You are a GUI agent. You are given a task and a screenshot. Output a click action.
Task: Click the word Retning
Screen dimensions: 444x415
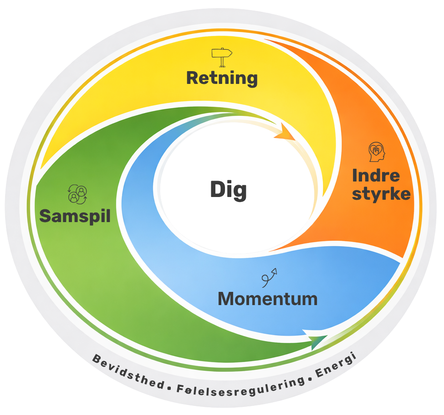click(222, 78)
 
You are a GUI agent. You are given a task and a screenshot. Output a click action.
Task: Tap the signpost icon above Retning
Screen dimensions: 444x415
click(222, 57)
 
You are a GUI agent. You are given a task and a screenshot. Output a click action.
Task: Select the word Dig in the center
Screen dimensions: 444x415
click(228, 190)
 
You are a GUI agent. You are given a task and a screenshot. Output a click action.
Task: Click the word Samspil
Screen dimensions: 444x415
click(75, 217)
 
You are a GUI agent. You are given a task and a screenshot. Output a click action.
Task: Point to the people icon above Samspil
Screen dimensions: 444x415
click(77, 194)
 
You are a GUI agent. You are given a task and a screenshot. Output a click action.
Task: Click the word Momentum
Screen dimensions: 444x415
click(268, 299)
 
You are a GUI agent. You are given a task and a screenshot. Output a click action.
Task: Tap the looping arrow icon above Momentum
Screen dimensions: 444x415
click(269, 278)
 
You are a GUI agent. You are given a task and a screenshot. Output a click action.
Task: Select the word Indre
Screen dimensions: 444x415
click(376, 176)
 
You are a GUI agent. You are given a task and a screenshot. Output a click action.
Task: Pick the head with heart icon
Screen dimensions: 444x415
click(377, 152)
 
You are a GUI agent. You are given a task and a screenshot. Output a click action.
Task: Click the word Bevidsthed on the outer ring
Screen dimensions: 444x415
click(128, 372)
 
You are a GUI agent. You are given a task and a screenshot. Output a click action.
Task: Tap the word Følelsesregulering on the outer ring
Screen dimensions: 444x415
click(241, 388)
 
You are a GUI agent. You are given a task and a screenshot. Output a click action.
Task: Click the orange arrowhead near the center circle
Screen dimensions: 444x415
click(285, 132)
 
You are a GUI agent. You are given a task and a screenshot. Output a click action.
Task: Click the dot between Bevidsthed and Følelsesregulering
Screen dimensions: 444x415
click(169, 388)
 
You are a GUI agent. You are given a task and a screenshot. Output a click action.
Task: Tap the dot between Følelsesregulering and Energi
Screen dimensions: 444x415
click(310, 379)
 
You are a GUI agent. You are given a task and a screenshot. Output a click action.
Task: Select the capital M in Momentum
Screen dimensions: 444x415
click(226, 299)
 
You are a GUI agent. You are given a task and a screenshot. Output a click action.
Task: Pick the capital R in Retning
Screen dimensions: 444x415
click(193, 78)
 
